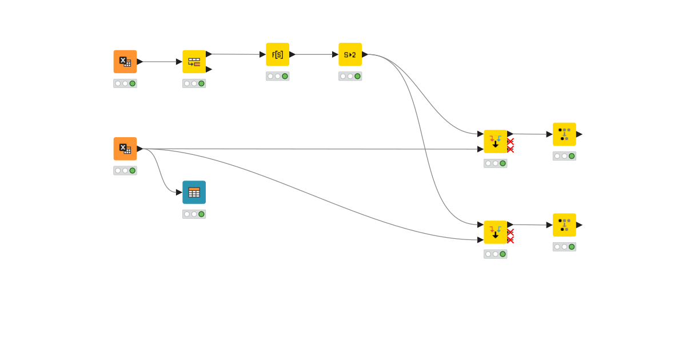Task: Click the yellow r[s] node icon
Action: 277,54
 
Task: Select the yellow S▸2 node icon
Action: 350,54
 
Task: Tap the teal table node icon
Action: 194,192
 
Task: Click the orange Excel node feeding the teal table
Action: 125,149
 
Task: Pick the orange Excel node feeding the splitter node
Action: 125,62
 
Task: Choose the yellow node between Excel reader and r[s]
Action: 194,62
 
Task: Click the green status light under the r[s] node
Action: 285,76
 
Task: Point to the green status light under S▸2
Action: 357,76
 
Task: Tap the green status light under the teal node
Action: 201,214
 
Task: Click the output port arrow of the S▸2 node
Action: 365,54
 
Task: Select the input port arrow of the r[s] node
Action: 262,54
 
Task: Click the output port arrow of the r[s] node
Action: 292,54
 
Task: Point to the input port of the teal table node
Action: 179,192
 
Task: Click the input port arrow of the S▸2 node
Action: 335,54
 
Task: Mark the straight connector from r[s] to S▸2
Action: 313,54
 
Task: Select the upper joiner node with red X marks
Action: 495,141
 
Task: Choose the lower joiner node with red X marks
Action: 495,232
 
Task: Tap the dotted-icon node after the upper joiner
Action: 564,134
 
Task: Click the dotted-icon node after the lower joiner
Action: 564,225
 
